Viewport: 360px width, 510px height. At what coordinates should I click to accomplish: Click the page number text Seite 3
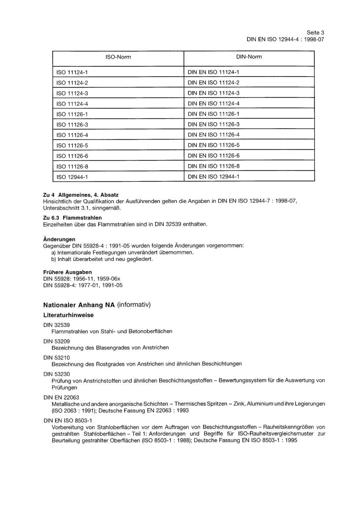click(315, 33)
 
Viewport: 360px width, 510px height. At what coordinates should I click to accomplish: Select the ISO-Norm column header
click(118, 57)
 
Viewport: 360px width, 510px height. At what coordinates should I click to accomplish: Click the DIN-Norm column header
click(249, 57)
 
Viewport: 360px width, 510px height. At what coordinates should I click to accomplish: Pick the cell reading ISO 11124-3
click(72, 93)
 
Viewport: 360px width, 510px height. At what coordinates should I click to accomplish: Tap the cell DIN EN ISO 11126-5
click(213, 145)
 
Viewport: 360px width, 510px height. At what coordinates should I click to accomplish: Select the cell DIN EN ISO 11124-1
click(213, 72)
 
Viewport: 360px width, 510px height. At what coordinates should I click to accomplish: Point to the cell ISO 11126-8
click(72, 166)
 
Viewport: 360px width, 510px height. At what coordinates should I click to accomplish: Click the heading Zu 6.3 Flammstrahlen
click(72, 218)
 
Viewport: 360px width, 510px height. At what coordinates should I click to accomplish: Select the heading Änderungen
click(59, 239)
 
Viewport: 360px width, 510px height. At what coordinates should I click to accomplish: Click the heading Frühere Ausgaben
click(67, 272)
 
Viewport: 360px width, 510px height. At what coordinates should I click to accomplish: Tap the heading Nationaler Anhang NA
click(79, 305)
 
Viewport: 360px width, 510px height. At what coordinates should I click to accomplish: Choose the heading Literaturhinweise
click(68, 315)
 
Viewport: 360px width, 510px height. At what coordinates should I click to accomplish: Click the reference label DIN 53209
click(56, 341)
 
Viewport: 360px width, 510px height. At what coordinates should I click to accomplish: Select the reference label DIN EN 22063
click(61, 397)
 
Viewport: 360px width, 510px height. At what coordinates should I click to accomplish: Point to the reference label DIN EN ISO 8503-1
click(68, 421)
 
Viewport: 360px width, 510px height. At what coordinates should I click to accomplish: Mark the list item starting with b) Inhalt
click(102, 259)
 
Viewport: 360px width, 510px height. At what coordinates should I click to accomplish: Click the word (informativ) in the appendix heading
click(134, 305)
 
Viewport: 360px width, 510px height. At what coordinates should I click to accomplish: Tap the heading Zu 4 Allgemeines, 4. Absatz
click(81, 195)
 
